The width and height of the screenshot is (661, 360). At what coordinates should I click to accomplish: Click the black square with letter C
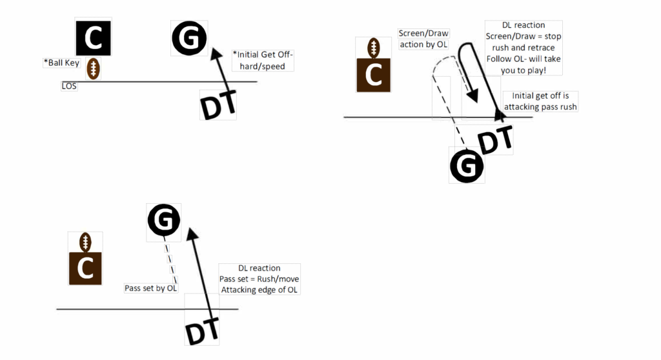click(94, 38)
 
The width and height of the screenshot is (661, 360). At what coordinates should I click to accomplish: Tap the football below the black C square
click(94, 69)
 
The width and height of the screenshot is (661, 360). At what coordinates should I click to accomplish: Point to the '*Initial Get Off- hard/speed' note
click(263, 61)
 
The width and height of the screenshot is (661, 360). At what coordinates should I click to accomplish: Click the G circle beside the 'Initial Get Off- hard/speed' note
click(188, 39)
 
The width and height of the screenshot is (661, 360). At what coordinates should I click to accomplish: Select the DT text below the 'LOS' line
click(218, 105)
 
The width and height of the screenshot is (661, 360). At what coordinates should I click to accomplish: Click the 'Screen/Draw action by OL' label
click(423, 39)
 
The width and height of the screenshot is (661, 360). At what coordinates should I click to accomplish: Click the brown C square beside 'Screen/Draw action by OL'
click(373, 74)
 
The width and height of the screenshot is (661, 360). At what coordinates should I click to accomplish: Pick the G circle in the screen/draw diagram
click(467, 166)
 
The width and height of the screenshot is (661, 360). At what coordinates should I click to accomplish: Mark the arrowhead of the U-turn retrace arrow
click(473, 97)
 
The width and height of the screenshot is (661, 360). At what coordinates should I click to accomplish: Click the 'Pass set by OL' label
click(151, 288)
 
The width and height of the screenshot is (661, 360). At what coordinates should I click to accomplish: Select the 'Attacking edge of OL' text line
click(260, 290)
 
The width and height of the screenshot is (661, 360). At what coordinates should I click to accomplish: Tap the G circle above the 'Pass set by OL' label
click(164, 221)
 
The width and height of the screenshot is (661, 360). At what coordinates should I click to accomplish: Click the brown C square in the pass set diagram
click(85, 268)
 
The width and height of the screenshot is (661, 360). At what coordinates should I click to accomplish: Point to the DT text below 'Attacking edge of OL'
click(201, 332)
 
